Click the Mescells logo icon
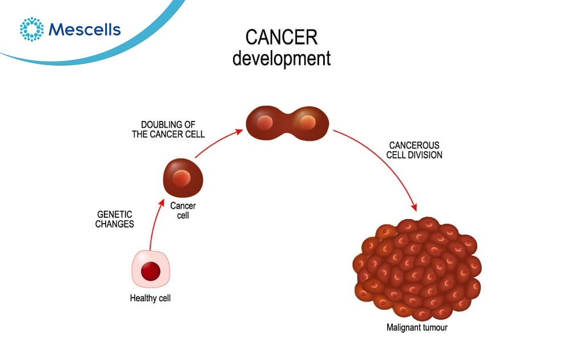31,29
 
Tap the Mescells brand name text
85,30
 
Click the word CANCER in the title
282,37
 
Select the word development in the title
282,58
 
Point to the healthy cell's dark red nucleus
151,271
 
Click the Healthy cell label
150,298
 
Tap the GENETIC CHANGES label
114,219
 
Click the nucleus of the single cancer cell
182,178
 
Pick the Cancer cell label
183,211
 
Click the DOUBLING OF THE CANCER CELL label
168,129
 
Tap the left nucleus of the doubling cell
265,123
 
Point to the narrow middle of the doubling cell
287,123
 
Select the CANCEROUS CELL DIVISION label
415,150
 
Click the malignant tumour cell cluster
417,269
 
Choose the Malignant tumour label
417,327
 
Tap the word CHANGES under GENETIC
114,224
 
